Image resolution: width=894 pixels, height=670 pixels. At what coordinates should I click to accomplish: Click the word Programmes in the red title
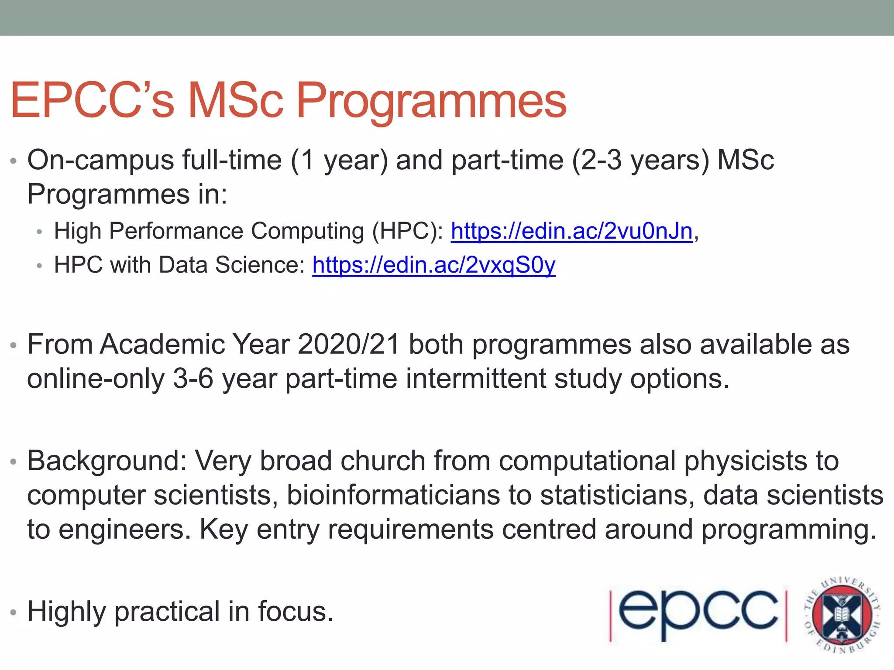[x=431, y=101]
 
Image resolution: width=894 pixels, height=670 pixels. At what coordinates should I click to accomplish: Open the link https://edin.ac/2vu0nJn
[x=572, y=231]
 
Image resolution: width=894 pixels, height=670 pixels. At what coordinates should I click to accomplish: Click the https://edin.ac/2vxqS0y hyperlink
[x=434, y=265]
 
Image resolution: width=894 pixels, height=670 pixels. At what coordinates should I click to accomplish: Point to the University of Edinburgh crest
[x=842, y=614]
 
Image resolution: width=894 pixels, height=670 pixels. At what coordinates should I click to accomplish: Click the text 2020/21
[x=349, y=345]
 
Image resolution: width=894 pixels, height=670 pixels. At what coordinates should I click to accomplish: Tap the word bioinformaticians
[x=393, y=496]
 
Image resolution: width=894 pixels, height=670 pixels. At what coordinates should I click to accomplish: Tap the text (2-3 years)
[x=640, y=161]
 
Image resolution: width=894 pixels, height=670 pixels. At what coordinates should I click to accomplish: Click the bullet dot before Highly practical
[x=14, y=613]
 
